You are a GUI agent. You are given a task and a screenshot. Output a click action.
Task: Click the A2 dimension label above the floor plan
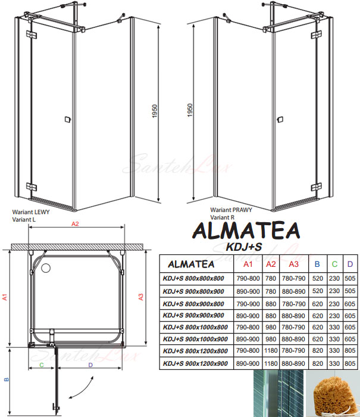(75, 224)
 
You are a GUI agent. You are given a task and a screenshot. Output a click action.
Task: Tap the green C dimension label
(42, 365)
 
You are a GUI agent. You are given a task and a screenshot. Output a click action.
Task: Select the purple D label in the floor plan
(90, 365)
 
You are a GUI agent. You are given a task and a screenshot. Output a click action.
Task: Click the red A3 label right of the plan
(140, 297)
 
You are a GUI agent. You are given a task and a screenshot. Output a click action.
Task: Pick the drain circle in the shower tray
(46, 268)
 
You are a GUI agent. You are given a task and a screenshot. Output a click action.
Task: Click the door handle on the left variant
(68, 119)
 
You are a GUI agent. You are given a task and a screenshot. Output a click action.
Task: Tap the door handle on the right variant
(280, 120)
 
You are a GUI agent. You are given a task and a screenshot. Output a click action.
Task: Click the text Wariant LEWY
(31, 212)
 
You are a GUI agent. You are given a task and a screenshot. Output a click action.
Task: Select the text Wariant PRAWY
(231, 210)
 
